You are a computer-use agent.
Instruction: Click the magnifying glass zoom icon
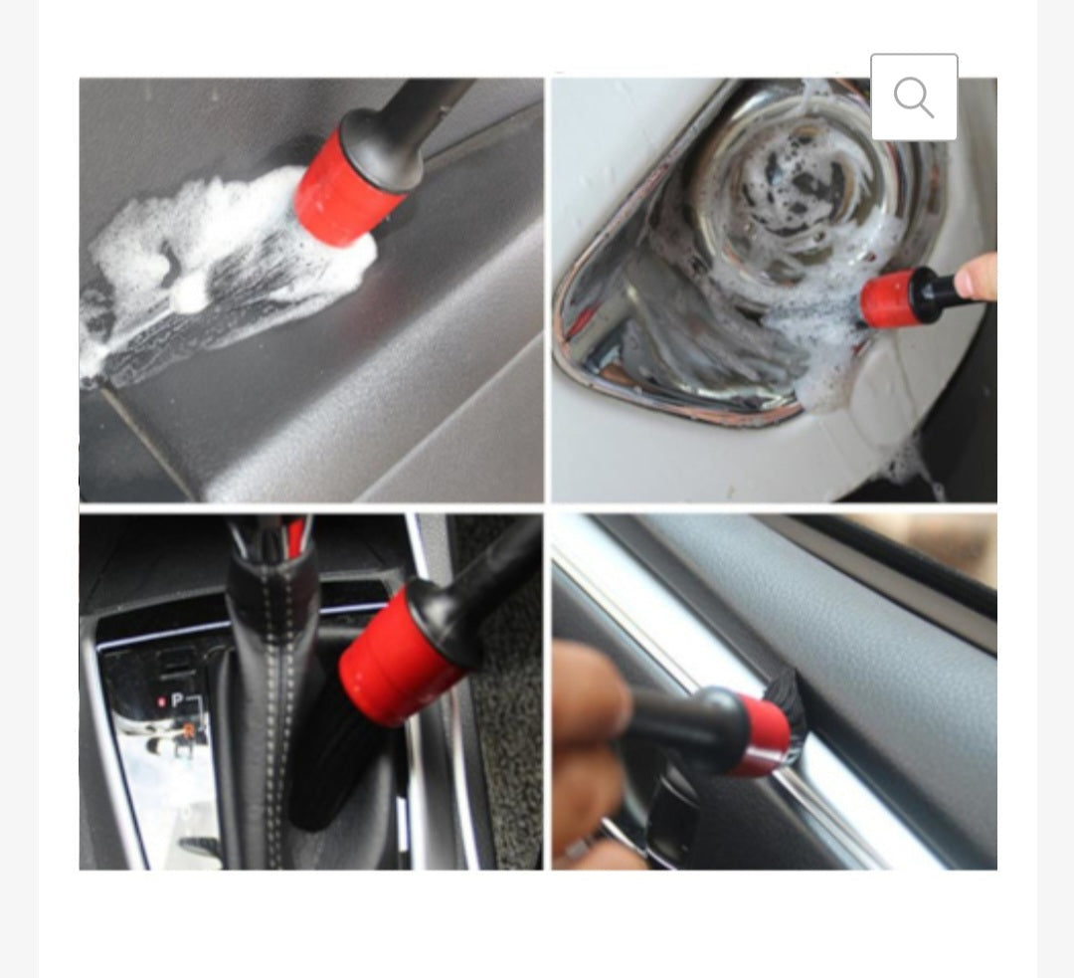click(914, 98)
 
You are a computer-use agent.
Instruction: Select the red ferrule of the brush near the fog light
click(888, 298)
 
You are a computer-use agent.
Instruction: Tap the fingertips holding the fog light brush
click(977, 277)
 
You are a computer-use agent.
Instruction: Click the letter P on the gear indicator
click(177, 700)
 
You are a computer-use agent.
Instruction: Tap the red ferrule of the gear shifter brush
click(398, 647)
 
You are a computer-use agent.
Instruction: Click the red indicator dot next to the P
click(161, 701)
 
